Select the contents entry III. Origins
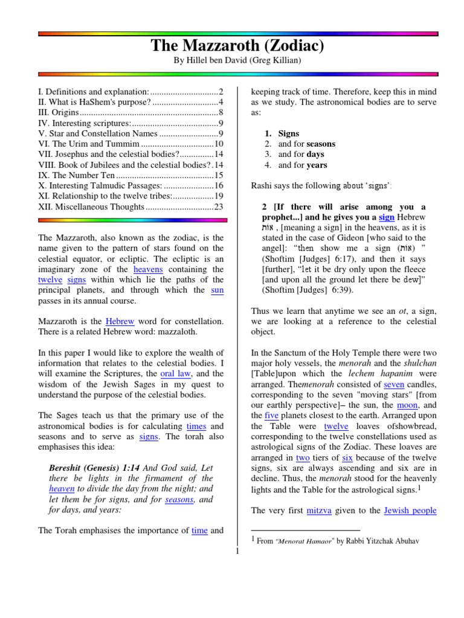click(x=59, y=112)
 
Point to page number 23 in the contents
click(x=219, y=206)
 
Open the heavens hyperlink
click(x=148, y=269)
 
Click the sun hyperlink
click(x=217, y=290)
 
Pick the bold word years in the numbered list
click(x=317, y=165)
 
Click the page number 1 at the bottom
click(x=237, y=551)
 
